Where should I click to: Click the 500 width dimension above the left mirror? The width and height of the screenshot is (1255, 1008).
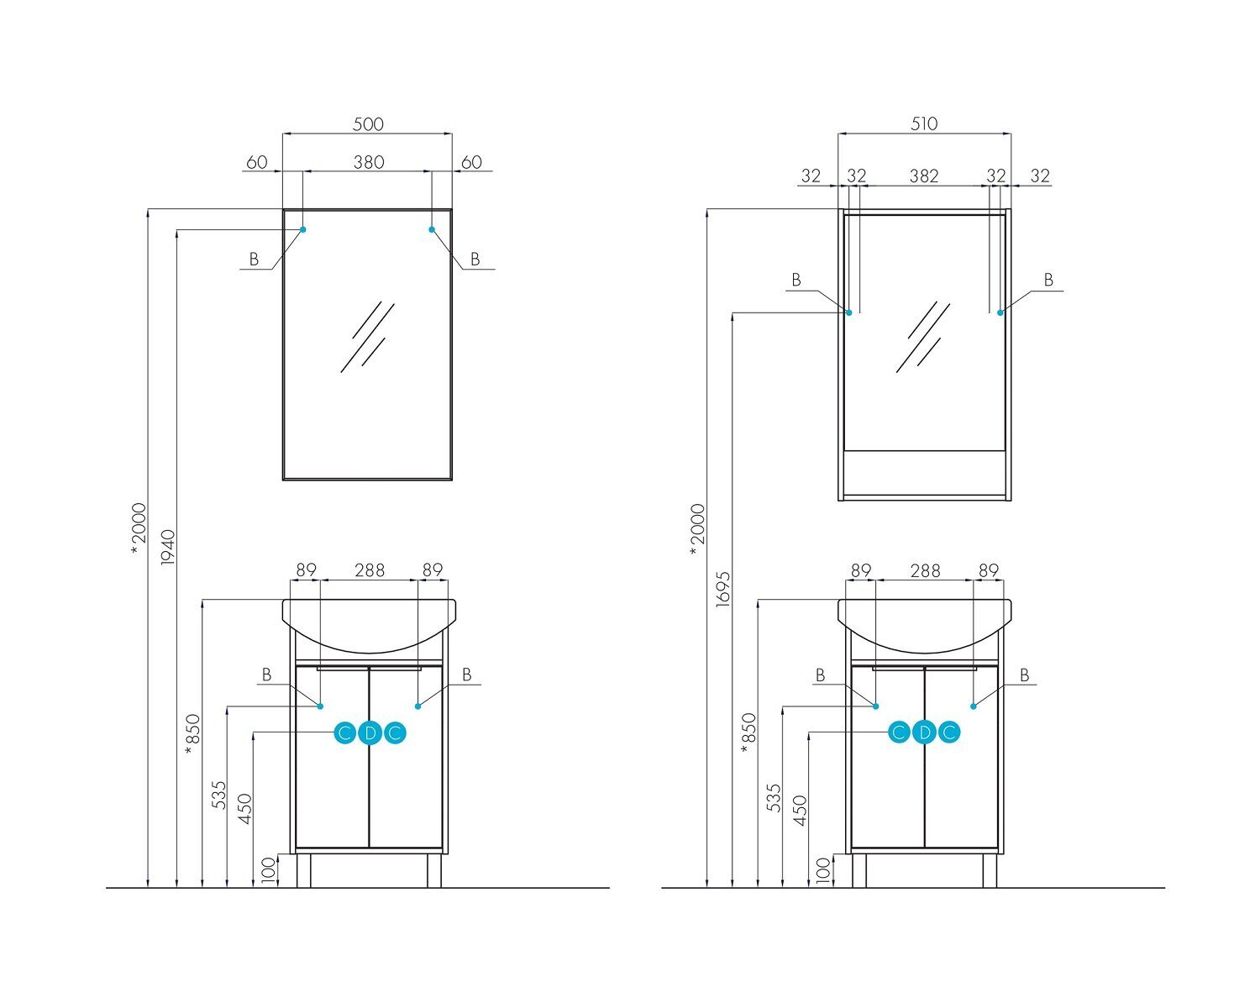point(368,124)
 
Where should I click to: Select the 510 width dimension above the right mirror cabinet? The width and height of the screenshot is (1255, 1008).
point(924,124)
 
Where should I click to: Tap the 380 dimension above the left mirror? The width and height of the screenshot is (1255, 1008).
point(368,162)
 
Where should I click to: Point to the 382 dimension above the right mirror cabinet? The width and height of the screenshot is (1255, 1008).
point(924,176)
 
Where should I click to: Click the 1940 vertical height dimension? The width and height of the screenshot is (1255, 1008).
point(167,547)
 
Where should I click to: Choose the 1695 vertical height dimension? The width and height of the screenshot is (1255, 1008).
point(724,588)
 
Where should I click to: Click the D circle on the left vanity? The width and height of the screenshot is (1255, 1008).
point(370,733)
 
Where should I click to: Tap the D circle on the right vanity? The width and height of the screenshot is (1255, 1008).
point(924,732)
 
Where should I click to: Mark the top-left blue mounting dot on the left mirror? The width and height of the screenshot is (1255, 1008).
point(303,229)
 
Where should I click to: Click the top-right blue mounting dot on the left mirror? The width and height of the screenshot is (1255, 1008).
point(433,229)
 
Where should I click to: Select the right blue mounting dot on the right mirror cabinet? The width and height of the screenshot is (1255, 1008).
point(1000,312)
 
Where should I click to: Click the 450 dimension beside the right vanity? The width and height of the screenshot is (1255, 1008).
point(800,810)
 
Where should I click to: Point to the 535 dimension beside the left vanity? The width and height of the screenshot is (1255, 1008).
point(219,795)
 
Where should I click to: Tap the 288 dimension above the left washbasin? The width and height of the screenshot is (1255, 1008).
point(369,570)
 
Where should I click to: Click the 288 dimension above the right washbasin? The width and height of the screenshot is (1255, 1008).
point(924,570)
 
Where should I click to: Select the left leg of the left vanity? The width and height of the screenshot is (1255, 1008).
point(303,870)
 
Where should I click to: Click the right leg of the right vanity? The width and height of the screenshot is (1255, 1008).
point(990,870)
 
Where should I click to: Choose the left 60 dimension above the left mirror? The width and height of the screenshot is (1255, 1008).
point(256,162)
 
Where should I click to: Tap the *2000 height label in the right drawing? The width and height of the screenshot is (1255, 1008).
point(697,529)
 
